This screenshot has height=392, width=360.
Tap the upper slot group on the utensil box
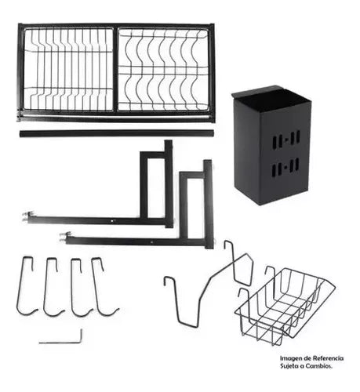tap(286, 140)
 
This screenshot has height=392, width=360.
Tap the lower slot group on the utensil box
tap(285, 167)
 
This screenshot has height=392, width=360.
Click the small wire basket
tap(285, 306)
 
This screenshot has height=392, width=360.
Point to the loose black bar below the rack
tap(117, 133)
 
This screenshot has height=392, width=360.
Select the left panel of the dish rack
tap(68, 70)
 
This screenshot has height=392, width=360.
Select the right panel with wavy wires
tap(163, 70)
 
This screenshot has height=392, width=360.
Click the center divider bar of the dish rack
tap(115, 70)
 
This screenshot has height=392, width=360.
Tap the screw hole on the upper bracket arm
tap(113, 221)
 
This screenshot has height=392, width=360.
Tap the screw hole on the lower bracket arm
tap(151, 242)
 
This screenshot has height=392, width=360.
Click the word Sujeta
tap(289, 366)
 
